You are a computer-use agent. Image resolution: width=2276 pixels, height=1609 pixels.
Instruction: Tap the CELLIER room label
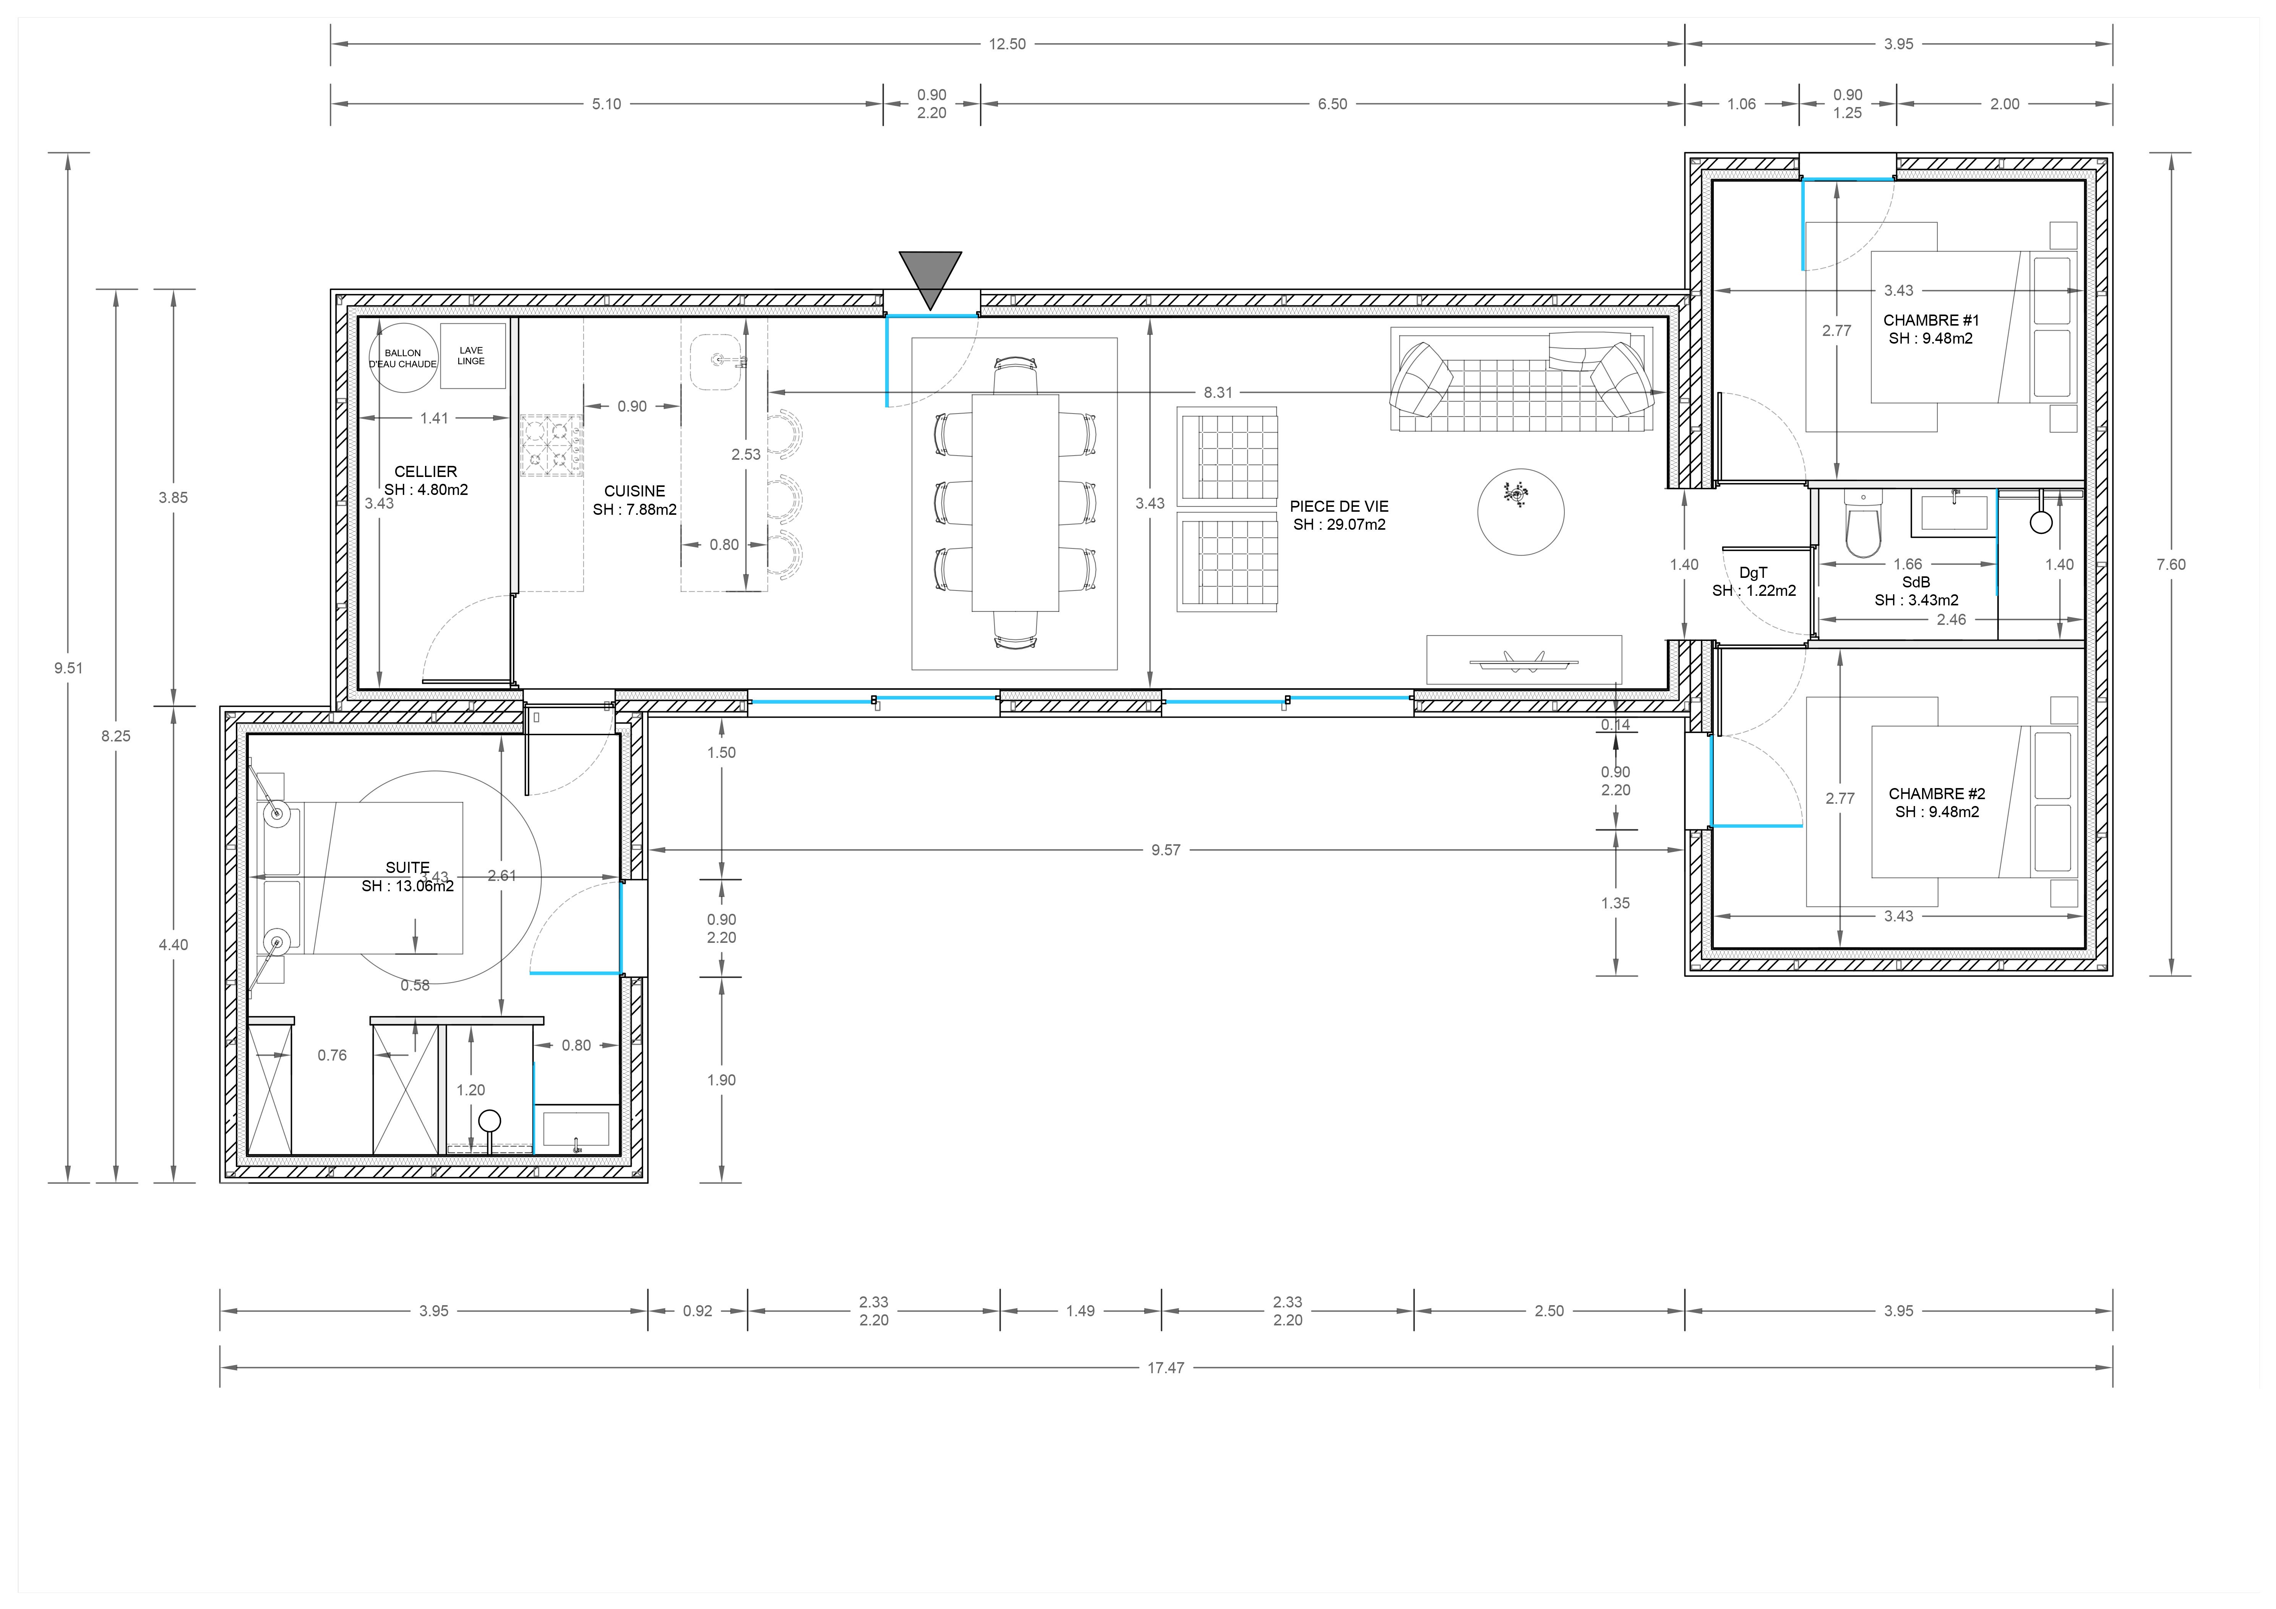(x=425, y=472)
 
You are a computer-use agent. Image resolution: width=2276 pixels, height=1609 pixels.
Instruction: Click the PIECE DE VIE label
(x=1339, y=507)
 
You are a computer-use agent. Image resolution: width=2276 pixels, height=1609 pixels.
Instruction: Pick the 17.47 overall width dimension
(x=1166, y=1368)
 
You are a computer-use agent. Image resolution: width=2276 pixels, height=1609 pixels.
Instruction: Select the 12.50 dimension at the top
(x=1007, y=44)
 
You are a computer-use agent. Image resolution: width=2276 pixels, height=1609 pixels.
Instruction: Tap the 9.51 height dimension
(x=68, y=668)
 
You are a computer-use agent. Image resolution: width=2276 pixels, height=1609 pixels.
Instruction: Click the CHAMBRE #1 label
(x=1931, y=320)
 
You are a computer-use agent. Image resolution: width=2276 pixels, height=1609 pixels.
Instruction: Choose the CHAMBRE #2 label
(x=1937, y=794)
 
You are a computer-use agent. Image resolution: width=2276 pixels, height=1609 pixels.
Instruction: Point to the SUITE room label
(x=407, y=868)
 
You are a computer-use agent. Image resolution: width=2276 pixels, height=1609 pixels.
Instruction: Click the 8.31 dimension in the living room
(x=1218, y=393)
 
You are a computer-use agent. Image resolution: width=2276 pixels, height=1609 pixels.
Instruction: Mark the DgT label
(x=1753, y=573)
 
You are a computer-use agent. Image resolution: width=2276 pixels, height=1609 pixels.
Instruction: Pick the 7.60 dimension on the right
(x=2171, y=565)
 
